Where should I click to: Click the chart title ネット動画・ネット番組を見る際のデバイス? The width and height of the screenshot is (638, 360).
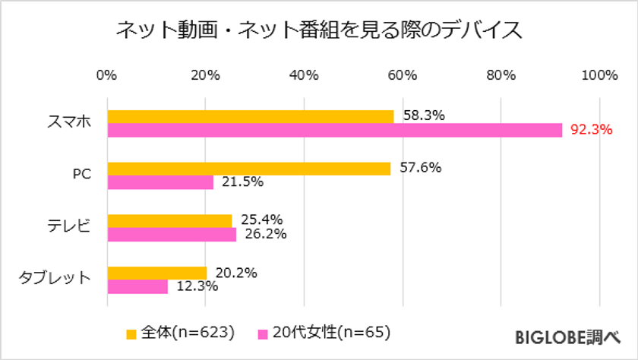pyautogui.click(x=318, y=30)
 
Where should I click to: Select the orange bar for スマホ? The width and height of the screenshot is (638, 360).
pyautogui.click(x=250, y=116)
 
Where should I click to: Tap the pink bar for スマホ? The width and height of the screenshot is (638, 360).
pyautogui.click(x=334, y=130)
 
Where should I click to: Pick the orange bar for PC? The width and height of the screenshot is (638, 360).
pyautogui.click(x=248, y=169)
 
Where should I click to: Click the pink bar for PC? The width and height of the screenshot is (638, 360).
pyautogui.click(x=160, y=182)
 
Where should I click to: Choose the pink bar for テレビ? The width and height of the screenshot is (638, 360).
pyautogui.click(x=172, y=235)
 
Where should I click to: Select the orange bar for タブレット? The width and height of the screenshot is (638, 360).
pyautogui.click(x=156, y=273)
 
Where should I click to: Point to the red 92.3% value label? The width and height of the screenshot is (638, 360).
pyautogui.click(x=591, y=129)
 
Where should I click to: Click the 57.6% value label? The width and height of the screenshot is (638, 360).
pyautogui.click(x=420, y=168)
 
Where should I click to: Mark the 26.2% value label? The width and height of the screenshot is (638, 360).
pyautogui.click(x=264, y=234)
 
